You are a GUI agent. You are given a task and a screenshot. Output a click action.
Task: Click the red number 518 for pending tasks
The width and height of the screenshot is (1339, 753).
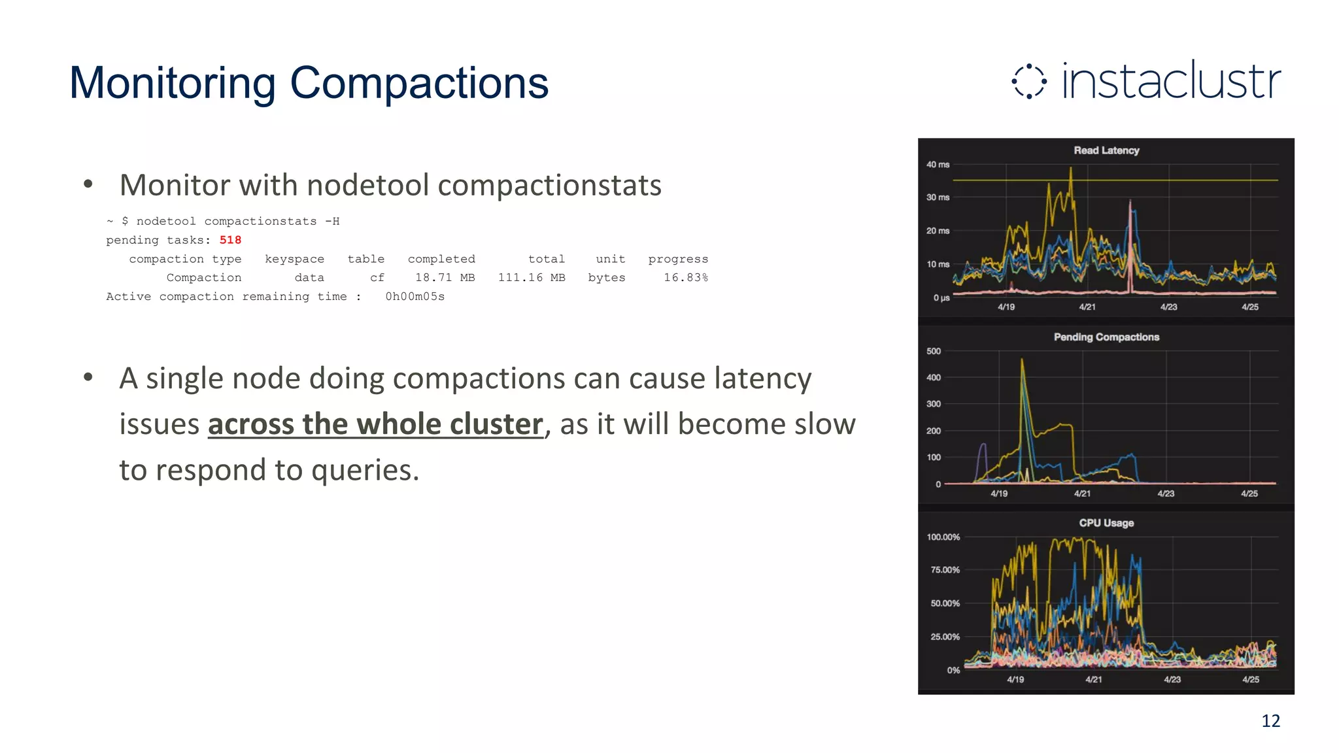(x=230, y=240)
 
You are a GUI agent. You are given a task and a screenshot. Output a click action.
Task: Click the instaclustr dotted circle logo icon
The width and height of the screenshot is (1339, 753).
(x=1029, y=82)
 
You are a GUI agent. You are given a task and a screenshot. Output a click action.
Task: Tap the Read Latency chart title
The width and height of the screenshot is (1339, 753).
(x=1106, y=150)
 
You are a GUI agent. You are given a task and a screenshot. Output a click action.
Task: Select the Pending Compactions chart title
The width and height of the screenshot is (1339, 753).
(x=1106, y=337)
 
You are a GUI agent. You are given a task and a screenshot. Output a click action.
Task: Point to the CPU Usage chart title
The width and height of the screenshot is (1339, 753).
(x=1106, y=523)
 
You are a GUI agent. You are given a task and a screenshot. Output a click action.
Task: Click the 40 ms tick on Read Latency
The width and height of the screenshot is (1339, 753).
(x=938, y=165)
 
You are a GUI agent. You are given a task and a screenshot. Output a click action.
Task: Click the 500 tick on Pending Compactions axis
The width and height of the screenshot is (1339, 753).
(x=934, y=351)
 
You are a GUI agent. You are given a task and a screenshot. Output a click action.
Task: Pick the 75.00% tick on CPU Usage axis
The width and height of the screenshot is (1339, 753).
(x=945, y=570)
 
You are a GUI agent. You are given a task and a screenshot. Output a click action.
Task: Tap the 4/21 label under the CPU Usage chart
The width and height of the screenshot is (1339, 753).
(x=1094, y=680)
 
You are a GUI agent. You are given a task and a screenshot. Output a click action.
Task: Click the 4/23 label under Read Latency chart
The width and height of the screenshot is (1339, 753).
(x=1168, y=307)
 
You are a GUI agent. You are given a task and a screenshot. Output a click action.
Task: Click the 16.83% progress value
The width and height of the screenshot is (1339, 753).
(x=686, y=278)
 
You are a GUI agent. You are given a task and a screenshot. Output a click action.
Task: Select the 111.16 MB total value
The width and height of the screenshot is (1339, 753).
(x=532, y=278)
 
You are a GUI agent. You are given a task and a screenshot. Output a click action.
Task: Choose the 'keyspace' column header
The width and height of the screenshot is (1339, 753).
(x=294, y=259)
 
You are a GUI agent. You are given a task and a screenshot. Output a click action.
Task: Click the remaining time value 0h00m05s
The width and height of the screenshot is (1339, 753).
(x=415, y=297)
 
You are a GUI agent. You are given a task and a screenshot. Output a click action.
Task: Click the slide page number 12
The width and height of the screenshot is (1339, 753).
(x=1270, y=721)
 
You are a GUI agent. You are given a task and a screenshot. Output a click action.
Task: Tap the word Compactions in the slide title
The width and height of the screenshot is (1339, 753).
(x=418, y=84)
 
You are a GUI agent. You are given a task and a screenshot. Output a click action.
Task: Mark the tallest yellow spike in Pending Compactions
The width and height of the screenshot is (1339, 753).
(x=1022, y=361)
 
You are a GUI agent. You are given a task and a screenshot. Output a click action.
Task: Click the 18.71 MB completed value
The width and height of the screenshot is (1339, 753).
(x=445, y=278)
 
